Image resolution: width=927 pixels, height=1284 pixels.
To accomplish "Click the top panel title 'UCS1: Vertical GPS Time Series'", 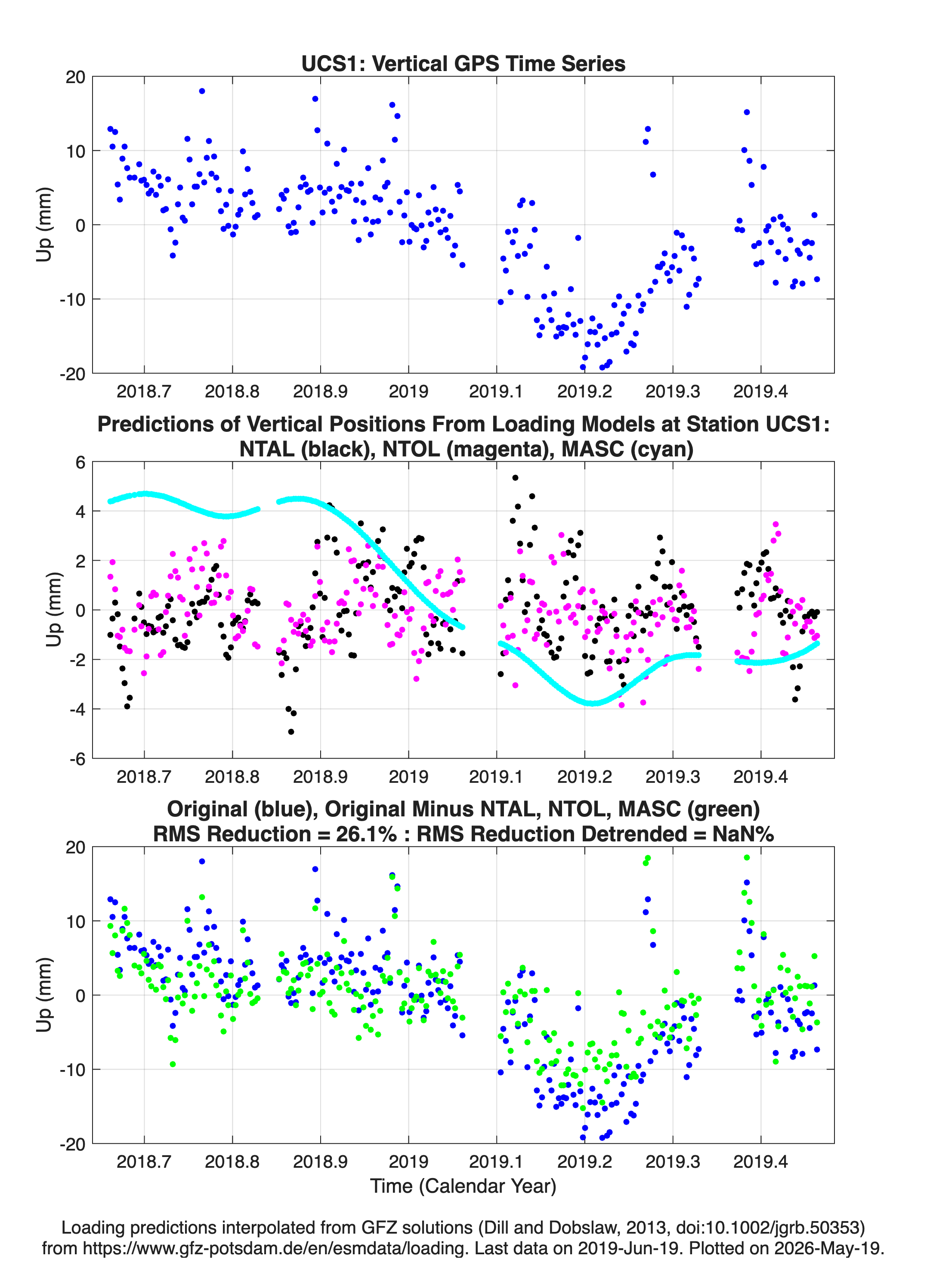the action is [x=463, y=63].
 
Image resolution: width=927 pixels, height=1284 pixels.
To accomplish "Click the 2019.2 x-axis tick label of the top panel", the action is [x=584, y=391].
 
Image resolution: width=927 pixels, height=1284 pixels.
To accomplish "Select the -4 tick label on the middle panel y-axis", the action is [x=77, y=709].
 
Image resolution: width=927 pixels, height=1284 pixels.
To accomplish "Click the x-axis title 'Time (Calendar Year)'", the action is [x=463, y=1185].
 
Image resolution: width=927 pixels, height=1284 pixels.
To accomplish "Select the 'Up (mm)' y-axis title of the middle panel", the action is [x=53, y=610].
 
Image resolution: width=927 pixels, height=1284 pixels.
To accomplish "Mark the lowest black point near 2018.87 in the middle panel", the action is [x=291, y=732].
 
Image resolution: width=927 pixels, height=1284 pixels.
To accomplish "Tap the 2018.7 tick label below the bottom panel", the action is [x=144, y=1162].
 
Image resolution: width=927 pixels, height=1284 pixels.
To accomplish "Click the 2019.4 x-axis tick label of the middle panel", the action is [x=760, y=776].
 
